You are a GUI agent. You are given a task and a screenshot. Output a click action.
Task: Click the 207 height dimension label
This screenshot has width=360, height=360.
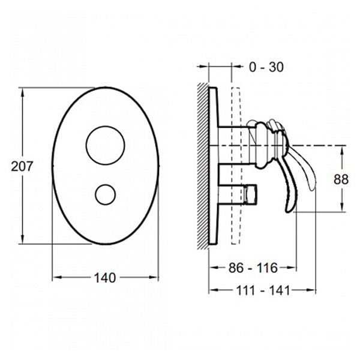tap(22, 166)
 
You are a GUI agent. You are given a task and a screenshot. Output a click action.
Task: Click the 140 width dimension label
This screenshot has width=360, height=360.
tap(104, 278)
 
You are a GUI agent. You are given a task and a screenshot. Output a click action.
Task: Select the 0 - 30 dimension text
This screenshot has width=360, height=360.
tap(266, 67)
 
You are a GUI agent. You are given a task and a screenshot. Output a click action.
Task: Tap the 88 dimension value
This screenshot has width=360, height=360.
tap(341, 179)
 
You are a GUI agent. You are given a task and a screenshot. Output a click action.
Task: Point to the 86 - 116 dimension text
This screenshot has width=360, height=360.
tap(253, 268)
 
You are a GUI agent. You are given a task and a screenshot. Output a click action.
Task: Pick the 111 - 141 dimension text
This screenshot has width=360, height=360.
tap(263, 290)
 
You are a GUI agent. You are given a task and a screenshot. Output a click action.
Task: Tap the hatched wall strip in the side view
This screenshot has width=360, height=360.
tap(203, 166)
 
